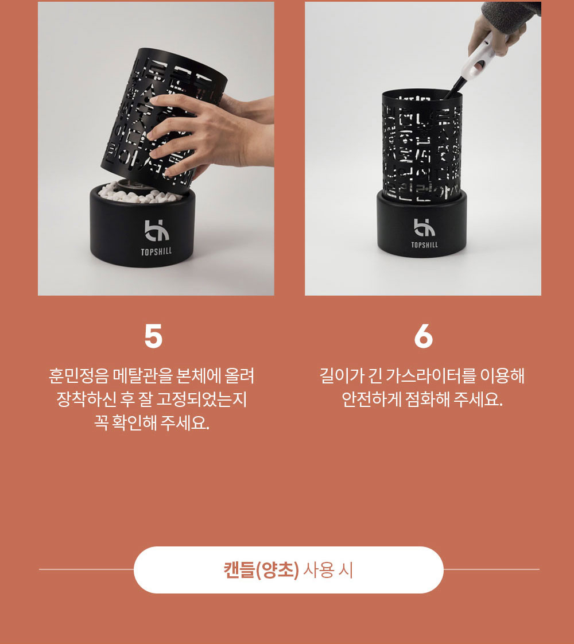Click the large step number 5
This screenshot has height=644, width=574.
[x=154, y=336]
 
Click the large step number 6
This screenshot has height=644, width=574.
[x=423, y=336]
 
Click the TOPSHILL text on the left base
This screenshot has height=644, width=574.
[x=157, y=251]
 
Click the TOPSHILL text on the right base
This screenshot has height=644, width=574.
[x=425, y=245]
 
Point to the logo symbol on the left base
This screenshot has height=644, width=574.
[x=157, y=230]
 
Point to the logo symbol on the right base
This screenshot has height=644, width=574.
[x=424, y=227]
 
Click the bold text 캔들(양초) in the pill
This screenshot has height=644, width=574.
[x=261, y=570]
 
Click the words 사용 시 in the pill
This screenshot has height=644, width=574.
[x=328, y=570]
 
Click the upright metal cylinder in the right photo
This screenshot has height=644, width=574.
[x=422, y=146]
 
